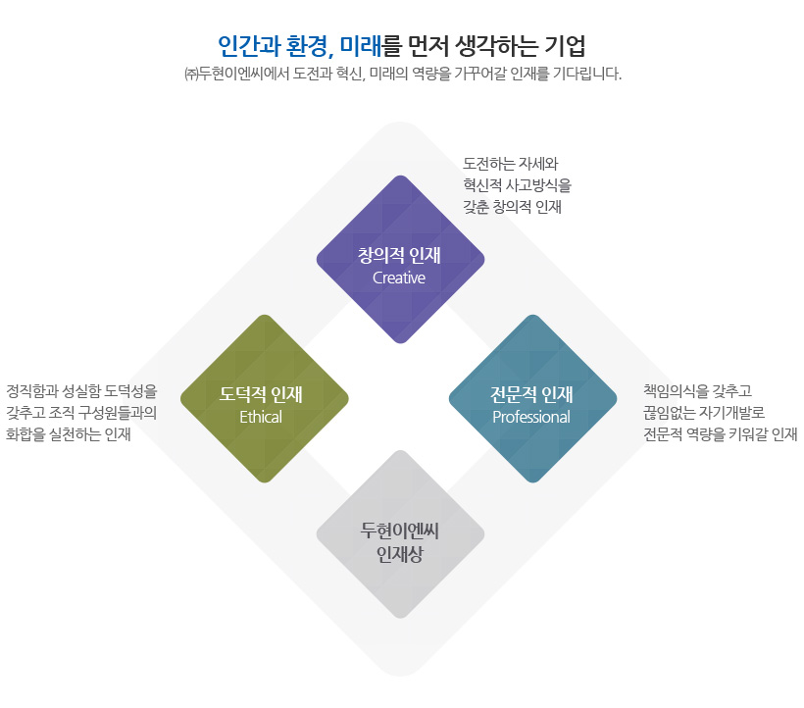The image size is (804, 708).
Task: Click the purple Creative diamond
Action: point(400,260)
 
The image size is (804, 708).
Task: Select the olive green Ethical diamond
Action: point(265,398)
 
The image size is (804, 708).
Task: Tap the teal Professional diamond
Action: point(532,398)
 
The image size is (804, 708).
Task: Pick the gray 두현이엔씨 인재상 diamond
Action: point(400,534)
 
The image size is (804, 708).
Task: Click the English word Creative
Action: point(399,278)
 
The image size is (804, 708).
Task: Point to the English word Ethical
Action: point(261,417)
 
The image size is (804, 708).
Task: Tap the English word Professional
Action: point(531,417)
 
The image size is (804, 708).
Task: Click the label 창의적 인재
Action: point(399,255)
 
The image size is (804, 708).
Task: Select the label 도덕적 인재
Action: point(261,394)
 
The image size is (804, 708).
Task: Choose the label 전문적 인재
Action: point(531,394)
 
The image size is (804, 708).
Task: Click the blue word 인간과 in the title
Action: point(249,46)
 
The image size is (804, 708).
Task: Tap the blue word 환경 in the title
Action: point(307,46)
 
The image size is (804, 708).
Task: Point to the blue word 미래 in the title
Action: point(361,46)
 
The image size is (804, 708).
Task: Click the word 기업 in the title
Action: point(565,46)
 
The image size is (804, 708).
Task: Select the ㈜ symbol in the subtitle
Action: point(191,75)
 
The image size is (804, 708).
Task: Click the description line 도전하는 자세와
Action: point(510,164)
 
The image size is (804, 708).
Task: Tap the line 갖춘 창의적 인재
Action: point(512,207)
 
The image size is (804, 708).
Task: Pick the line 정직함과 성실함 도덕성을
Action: point(81,391)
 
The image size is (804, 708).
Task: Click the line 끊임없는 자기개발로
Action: point(704,413)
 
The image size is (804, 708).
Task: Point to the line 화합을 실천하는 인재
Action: point(69,434)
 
